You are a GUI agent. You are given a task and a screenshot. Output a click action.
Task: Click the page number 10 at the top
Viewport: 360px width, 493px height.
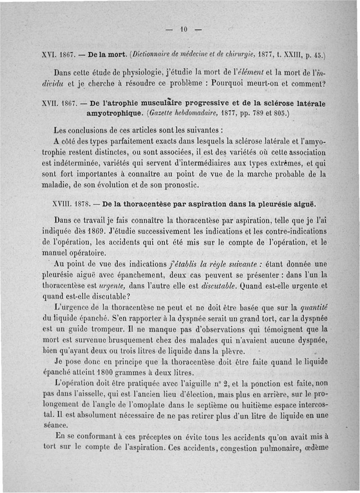pyautogui.click(x=183, y=31)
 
